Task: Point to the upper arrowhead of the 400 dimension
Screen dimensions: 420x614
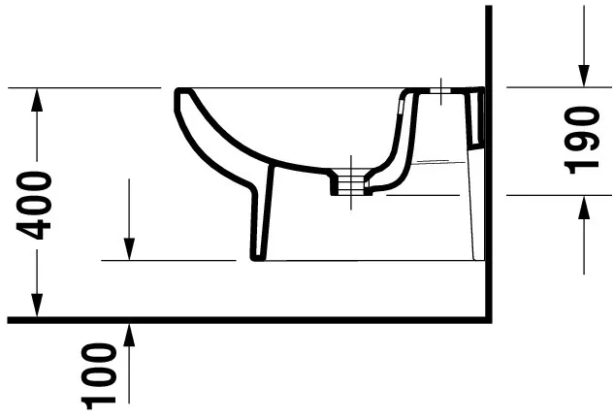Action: tap(36, 98)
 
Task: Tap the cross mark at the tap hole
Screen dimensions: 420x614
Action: tap(441, 93)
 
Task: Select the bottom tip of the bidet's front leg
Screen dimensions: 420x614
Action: tap(258, 257)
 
